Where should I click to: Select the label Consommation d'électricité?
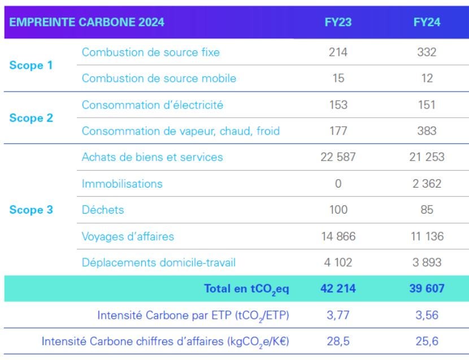click(153, 105)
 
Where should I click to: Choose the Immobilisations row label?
click(122, 184)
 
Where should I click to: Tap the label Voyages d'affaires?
click(128, 237)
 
